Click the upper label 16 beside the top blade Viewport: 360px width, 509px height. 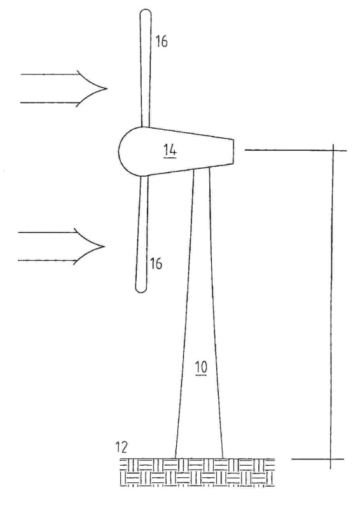point(162,41)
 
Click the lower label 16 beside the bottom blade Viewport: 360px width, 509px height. point(156,263)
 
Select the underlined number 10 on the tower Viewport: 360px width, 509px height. point(201,368)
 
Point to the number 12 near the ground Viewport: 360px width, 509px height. point(121,447)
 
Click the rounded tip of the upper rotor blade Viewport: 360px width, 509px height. point(146,11)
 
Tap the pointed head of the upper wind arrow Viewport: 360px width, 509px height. point(106,88)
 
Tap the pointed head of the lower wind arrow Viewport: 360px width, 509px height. point(104,246)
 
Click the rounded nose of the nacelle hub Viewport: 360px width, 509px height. point(119,151)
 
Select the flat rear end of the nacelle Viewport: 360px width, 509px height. point(233,151)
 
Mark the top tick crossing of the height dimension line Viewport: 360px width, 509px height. point(333,150)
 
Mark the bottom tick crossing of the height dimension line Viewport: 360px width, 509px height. point(331,459)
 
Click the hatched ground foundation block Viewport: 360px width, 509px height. point(197,472)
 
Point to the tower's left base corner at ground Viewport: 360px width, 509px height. point(176,458)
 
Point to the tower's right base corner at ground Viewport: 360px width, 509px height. point(223,458)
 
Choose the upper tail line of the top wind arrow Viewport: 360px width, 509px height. point(50,74)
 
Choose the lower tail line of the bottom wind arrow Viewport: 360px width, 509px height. point(48,261)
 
